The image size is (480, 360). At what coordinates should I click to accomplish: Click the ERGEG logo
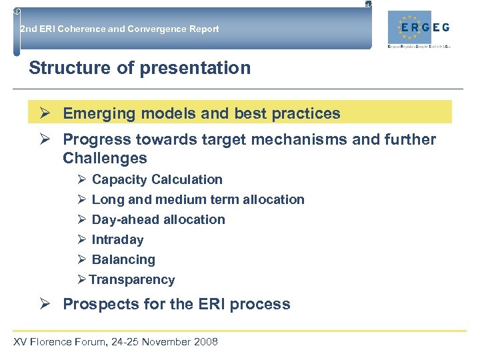click(x=423, y=29)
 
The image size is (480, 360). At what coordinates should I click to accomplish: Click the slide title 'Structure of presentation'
click(x=140, y=68)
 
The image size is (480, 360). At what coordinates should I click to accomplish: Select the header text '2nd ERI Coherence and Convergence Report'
click(x=120, y=29)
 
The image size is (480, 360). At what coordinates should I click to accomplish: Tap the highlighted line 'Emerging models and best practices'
click(x=201, y=113)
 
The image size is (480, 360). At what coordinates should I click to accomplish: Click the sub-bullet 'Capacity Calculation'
click(x=157, y=179)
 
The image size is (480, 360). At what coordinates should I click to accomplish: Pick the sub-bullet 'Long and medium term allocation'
click(x=197, y=199)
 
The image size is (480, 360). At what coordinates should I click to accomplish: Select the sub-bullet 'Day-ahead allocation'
click(x=158, y=219)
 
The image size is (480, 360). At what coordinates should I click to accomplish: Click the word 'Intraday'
click(x=117, y=239)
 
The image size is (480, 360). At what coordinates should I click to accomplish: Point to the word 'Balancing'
click(x=123, y=259)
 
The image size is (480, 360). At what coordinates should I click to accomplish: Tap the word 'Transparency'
click(x=132, y=279)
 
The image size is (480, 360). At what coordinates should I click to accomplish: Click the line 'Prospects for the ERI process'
click(x=176, y=304)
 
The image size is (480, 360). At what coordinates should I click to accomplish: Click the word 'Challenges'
click(x=105, y=158)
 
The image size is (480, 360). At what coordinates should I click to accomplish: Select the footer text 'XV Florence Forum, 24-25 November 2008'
click(x=115, y=342)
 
